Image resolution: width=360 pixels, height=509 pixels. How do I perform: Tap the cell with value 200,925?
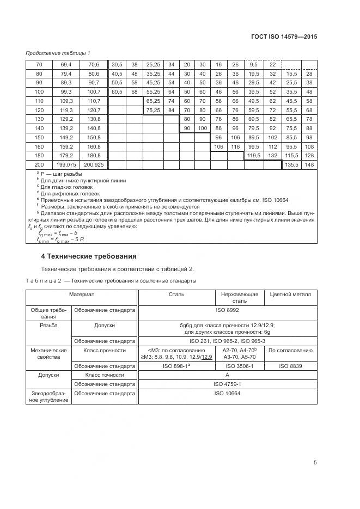coord(94,164)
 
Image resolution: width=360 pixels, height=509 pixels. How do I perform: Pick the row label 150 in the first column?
coord(39,137)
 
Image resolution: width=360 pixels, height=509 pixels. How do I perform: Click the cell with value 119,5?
coord(254,155)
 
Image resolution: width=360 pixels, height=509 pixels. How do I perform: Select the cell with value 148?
coord(309,164)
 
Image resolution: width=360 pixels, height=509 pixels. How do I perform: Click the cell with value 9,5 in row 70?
coord(254,64)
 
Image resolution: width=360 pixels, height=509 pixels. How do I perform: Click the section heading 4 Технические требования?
coord(89,256)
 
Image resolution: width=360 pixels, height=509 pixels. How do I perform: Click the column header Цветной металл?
coord(290,294)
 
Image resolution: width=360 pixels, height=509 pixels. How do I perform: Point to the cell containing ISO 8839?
coord(290,366)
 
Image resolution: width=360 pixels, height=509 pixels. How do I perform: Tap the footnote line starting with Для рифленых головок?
coord(70,193)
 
